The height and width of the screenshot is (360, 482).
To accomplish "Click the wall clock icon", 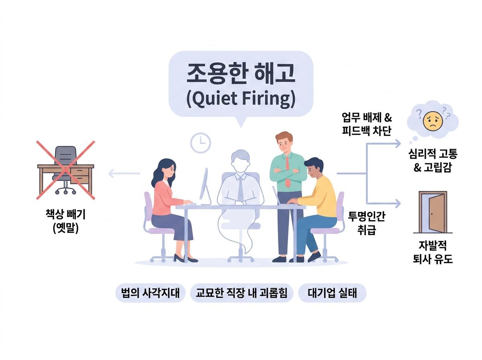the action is (200, 143).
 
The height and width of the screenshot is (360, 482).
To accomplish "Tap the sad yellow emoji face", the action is (432, 121).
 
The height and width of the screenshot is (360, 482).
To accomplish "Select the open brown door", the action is (433, 212).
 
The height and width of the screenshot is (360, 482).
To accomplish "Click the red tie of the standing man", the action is (287, 172).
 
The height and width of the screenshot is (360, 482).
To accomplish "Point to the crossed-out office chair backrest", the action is (65, 155).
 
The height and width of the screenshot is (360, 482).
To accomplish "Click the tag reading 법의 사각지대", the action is (150, 293).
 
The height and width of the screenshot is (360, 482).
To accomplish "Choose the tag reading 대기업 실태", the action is (332, 293).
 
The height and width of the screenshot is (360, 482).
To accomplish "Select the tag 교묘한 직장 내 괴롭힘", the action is (241, 293).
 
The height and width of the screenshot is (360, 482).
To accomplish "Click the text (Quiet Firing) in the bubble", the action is (241, 99).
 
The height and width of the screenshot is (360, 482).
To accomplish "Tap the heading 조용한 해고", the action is (241, 74).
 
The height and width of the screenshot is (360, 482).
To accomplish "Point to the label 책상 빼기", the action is (65, 214).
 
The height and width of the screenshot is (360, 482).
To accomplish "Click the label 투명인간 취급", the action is (366, 223).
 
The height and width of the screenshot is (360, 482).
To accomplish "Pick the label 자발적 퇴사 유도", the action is (433, 252).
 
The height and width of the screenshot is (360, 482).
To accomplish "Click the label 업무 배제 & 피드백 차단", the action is (367, 124).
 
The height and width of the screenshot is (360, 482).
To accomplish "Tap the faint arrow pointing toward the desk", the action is (124, 173).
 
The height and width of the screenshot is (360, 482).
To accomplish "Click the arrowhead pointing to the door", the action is (398, 203).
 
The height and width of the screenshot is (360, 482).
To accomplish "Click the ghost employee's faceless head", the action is (240, 161).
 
